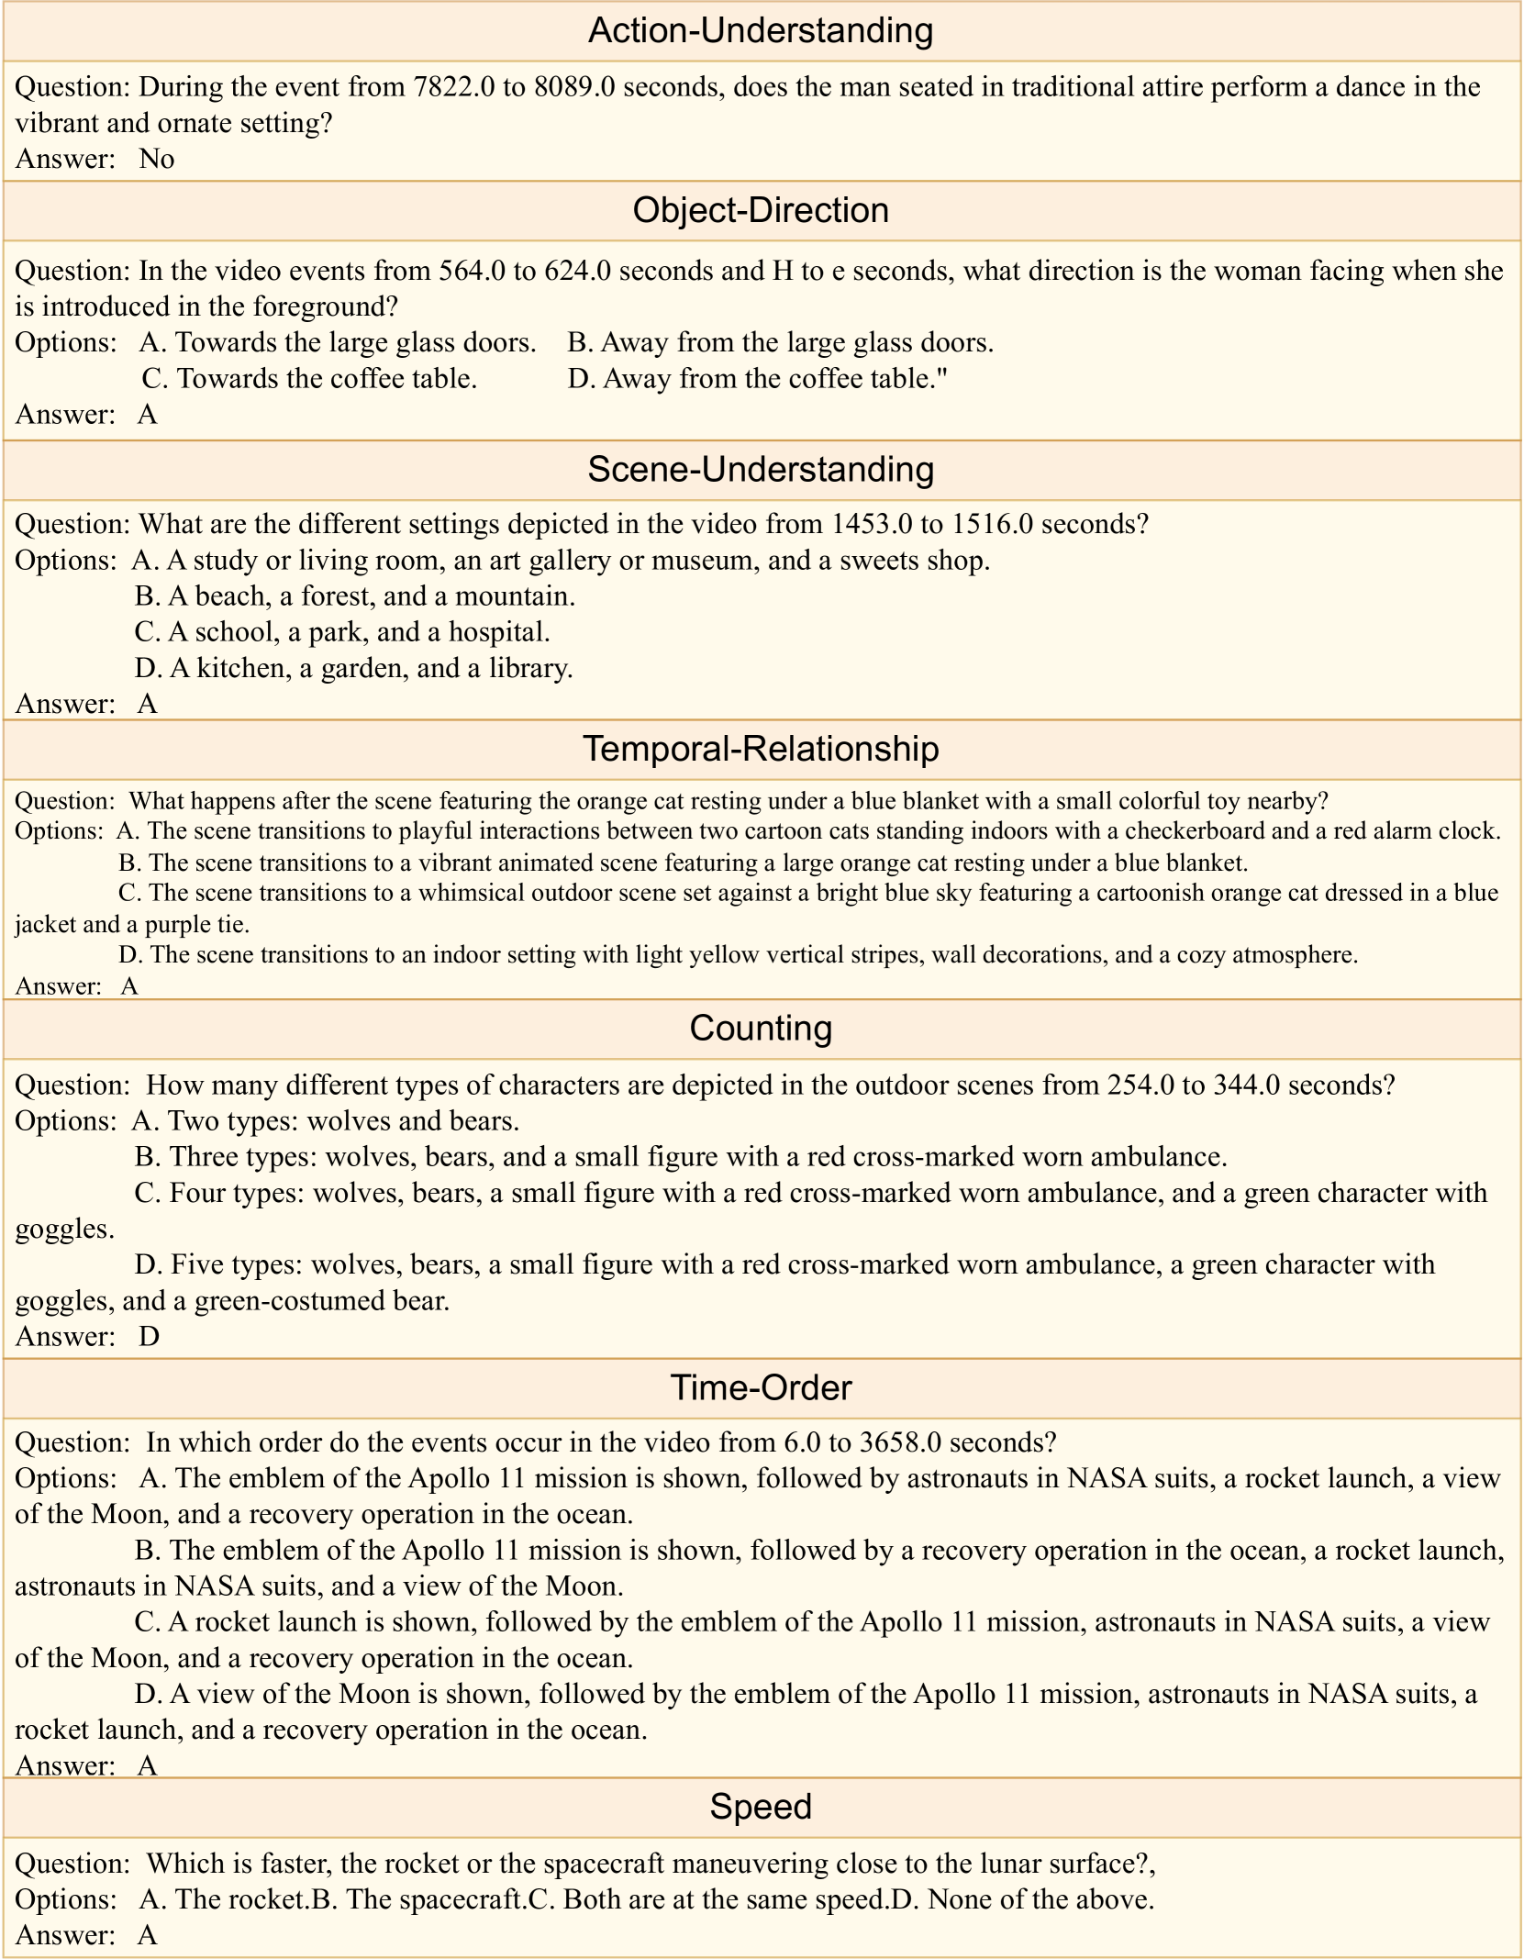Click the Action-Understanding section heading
click(761, 31)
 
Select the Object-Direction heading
click(761, 211)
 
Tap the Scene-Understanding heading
click(761, 470)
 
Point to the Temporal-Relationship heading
click(761, 750)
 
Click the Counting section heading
click(761, 1029)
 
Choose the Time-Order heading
click(761, 1387)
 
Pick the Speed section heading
click(761, 1807)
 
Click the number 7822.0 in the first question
click(454, 87)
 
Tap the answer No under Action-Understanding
click(157, 160)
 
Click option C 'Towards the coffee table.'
click(310, 379)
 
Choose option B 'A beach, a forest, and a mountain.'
click(355, 596)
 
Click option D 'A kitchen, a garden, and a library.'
click(353, 668)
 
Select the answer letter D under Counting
click(149, 1337)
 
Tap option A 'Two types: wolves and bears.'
click(326, 1121)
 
